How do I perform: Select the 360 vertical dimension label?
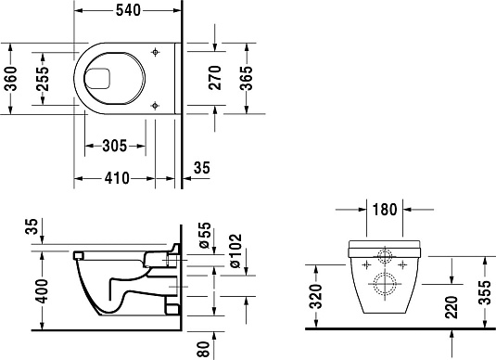(11, 81)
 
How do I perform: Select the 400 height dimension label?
(34, 292)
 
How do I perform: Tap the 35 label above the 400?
(34, 226)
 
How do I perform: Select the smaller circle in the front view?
(384, 257)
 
